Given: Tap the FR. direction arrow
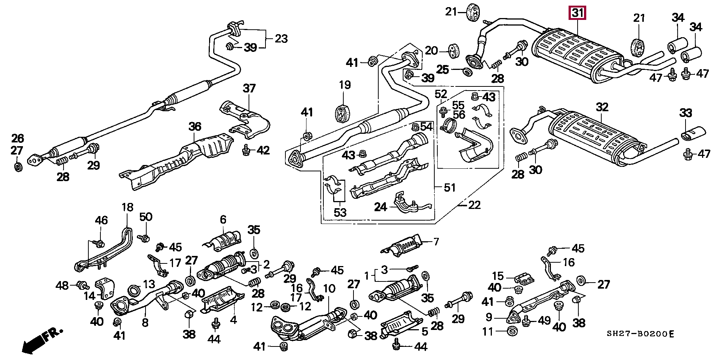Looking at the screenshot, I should (41, 340).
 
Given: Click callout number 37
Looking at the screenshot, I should (249, 89).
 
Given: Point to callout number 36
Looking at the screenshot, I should (195, 127).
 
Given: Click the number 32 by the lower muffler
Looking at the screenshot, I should (602, 107).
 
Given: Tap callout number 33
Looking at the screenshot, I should (686, 113).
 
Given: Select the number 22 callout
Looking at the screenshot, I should (475, 205).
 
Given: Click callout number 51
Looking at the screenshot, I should (450, 187).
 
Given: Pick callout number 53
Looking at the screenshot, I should (340, 213).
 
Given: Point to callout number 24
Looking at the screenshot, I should (381, 207).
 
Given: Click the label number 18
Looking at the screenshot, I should (127, 207).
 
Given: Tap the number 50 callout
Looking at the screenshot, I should (146, 217).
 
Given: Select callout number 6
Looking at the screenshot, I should (223, 219).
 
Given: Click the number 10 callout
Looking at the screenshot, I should (329, 289).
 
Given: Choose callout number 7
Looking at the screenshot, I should (436, 242).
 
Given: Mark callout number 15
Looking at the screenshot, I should (498, 276).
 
